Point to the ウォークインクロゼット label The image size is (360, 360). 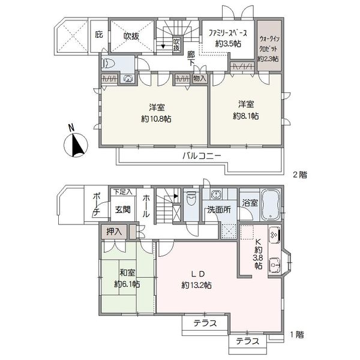tap(269, 49)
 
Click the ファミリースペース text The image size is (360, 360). tap(227, 34)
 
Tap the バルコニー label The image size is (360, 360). tap(202, 157)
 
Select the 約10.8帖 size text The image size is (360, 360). tap(157, 119)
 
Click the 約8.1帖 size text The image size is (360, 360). tap(245, 116)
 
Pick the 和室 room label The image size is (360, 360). tap(127, 273)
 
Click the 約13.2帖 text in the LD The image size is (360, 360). tap(197, 286)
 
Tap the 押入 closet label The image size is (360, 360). tap(113, 232)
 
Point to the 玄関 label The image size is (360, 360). tap(123, 209)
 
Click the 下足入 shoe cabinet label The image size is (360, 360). tap(123, 192)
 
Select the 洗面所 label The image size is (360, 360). tap(219, 210)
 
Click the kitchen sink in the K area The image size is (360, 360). tap(274, 265)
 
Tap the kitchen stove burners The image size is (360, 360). tap(274, 234)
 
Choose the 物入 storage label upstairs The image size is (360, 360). tap(200, 78)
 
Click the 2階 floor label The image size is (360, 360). tap(299, 175)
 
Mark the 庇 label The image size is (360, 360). tap(99, 35)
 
